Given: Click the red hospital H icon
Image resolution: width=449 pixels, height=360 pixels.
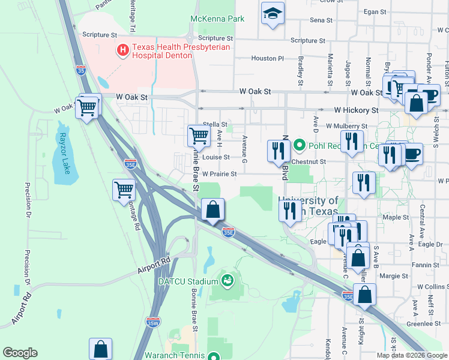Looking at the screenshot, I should pos(123,50).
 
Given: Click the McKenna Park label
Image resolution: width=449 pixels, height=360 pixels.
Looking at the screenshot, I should pos(217,19).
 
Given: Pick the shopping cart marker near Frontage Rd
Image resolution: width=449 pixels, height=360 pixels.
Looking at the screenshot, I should pos(124,189).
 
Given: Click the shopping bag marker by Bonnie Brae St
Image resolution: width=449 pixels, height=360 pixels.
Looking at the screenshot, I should pos(212,210).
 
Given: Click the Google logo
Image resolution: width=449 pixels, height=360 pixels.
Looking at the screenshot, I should pos(20,353).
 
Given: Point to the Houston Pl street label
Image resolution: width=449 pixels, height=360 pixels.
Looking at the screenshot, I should pos(267,58).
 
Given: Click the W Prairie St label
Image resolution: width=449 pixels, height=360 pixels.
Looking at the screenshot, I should pos(219,174).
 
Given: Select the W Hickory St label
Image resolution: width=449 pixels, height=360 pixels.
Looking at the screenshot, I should pos(357,110).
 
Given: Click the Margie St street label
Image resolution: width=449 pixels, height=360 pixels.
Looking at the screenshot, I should pos(394,276).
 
